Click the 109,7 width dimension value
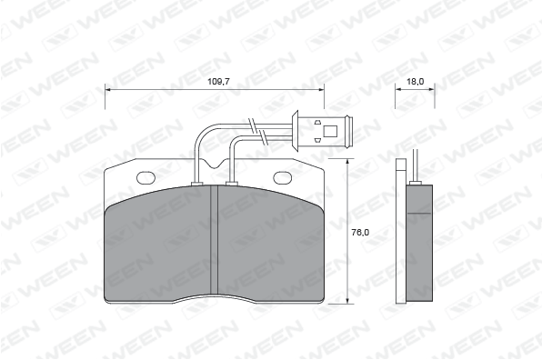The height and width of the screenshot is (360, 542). [218, 82]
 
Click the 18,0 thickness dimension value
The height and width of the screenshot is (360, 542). [416, 82]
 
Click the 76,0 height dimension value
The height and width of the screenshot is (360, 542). [360, 233]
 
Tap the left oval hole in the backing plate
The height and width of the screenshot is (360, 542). [146, 178]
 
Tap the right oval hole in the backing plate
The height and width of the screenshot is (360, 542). [283, 178]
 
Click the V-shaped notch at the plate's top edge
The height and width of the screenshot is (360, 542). [215, 164]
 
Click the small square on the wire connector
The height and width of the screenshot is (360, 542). [330, 131]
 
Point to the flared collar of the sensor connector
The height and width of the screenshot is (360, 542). [296, 131]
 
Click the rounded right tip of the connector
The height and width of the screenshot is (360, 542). [350, 131]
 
